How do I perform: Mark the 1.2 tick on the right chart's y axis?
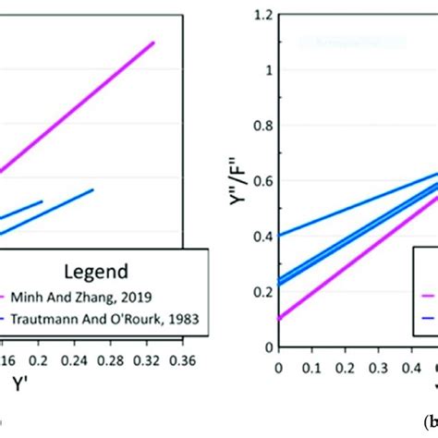[266, 16]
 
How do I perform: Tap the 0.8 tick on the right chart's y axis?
[266, 126]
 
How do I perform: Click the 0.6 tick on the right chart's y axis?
[266, 181]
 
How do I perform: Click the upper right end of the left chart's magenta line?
[153, 43]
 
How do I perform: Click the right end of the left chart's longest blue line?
[119, 189]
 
